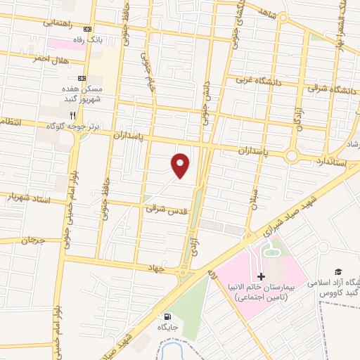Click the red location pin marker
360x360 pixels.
(x=181, y=164)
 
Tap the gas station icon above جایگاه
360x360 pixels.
(x=167, y=316)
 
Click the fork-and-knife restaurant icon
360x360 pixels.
(x=71, y=115)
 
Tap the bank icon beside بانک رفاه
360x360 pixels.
(x=87, y=30)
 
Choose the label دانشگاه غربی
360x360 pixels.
(x=259, y=82)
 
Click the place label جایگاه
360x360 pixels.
(x=167, y=328)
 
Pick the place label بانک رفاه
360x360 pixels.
(x=109, y=39)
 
